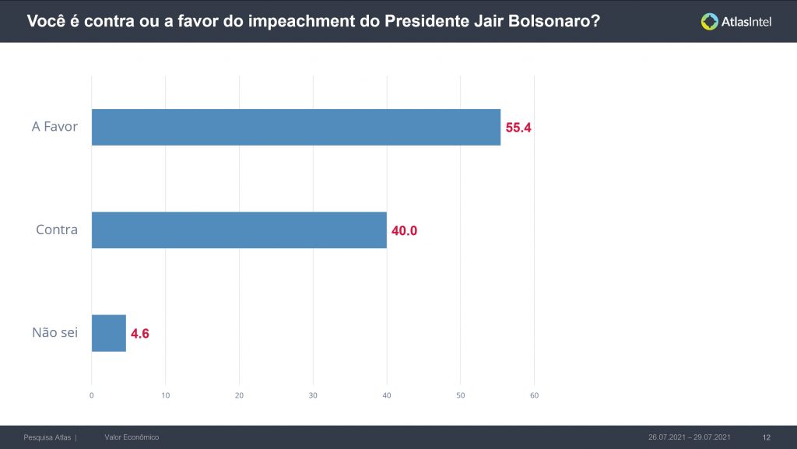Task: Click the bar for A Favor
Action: tap(296, 127)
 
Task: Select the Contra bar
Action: tap(239, 230)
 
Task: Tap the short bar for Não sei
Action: tap(109, 333)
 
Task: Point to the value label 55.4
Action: tap(518, 128)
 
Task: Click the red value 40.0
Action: tap(404, 231)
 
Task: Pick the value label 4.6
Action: tap(140, 334)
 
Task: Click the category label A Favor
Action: tap(54, 126)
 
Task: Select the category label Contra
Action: tap(57, 230)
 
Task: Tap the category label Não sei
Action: tap(54, 333)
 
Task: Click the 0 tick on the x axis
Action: tap(92, 395)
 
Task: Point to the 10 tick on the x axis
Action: tap(165, 395)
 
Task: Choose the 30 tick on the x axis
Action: tap(313, 395)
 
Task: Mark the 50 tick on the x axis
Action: tap(460, 395)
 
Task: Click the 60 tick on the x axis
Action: tap(534, 395)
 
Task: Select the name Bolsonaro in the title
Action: tap(553, 22)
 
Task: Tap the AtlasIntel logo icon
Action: tap(709, 22)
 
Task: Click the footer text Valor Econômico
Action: tap(132, 437)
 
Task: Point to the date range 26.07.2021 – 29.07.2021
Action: tap(690, 437)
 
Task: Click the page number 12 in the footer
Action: tap(766, 437)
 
